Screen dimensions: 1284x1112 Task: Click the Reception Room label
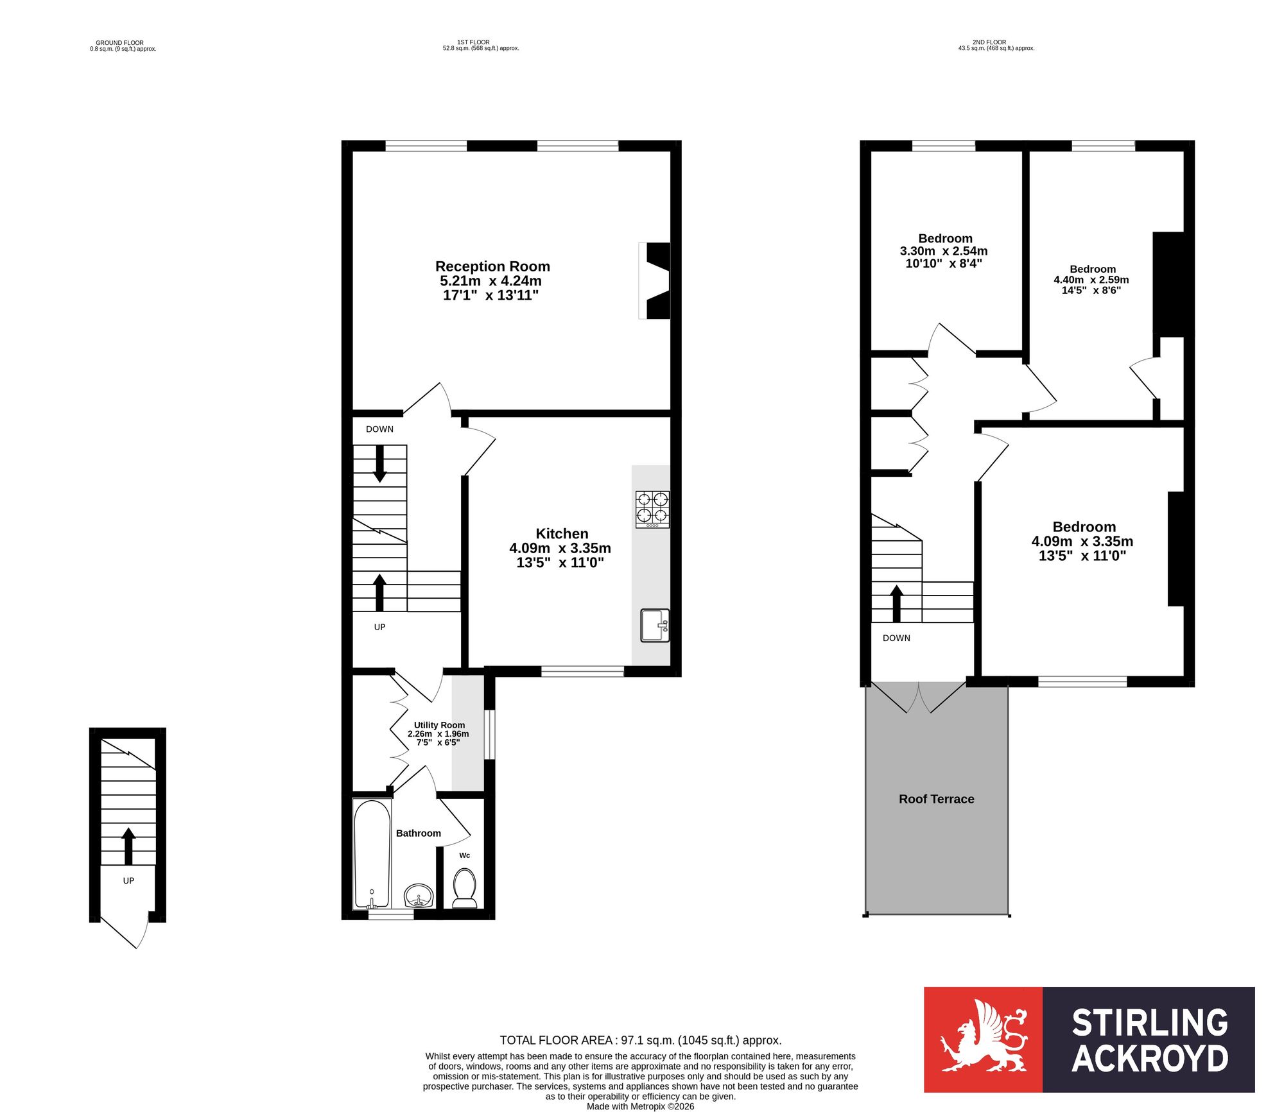(x=492, y=266)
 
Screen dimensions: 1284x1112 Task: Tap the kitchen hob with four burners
(x=652, y=509)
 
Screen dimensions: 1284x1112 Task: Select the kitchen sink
(x=655, y=626)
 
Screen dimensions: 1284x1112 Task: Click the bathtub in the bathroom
(x=372, y=854)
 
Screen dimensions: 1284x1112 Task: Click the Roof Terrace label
(x=937, y=799)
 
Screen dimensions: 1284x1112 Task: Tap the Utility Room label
(x=439, y=725)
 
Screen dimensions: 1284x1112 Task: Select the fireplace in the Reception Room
(x=654, y=280)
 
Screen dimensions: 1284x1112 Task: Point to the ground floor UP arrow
(x=128, y=846)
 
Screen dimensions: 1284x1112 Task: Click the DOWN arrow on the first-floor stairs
(x=380, y=463)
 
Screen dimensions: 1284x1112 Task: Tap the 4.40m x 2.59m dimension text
(x=1091, y=280)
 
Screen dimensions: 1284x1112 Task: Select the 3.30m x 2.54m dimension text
(x=944, y=251)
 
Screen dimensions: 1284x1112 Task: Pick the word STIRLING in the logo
(x=1150, y=1023)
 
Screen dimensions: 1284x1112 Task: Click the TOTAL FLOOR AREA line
(x=641, y=1040)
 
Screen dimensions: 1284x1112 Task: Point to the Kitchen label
(x=562, y=534)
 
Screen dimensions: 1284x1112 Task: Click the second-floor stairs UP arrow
(x=896, y=604)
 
